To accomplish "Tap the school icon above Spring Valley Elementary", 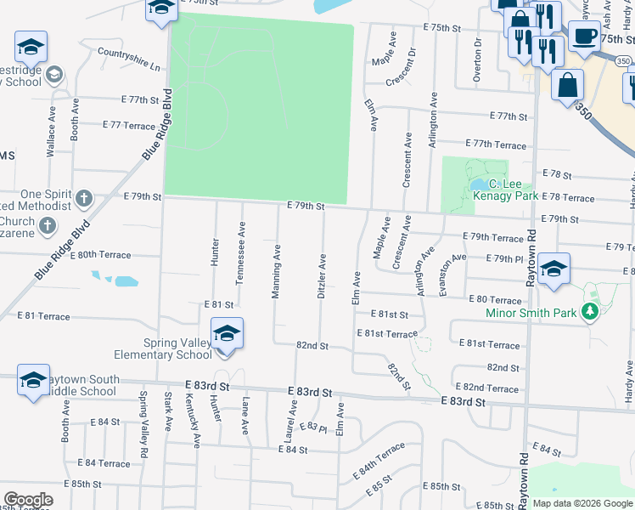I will (227, 334).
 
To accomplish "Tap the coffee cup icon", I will (583, 37).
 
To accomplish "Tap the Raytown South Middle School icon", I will (33, 381).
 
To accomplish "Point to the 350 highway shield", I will (623, 61).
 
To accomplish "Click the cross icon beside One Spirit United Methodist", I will (83, 199).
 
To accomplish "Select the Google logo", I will (28, 500).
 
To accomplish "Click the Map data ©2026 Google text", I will (582, 503).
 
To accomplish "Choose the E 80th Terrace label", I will (100, 254).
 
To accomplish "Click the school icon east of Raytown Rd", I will (554, 270).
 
